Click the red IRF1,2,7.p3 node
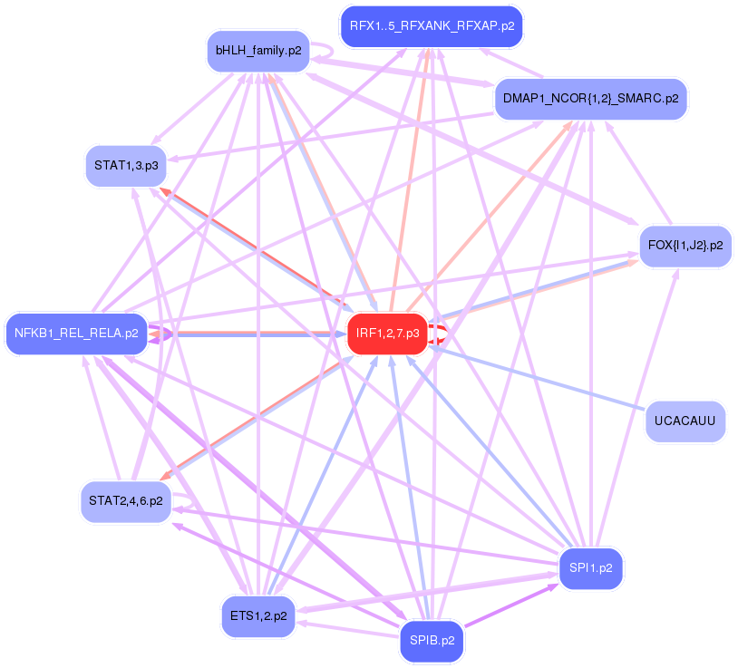click(387, 334)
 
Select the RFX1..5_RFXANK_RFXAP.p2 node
click(431, 26)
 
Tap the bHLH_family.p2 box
click(258, 50)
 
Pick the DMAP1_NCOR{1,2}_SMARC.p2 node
click(590, 99)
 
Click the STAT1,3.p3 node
click(126, 165)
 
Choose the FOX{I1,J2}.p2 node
click(685, 246)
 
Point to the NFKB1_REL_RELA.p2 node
click(76, 334)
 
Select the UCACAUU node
click(685, 421)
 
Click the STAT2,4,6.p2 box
click(125, 500)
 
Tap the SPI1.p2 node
click(591, 568)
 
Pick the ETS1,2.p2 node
click(258, 615)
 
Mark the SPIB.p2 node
click(432, 641)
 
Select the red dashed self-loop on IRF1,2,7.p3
click(441, 334)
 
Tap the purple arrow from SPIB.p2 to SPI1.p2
click(512, 605)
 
